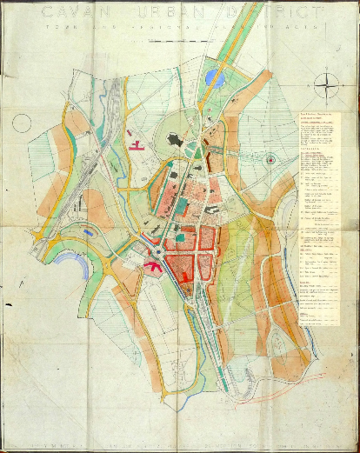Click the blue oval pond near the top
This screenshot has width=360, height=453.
(x=215, y=79)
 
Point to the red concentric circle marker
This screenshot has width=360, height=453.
(x=270, y=159)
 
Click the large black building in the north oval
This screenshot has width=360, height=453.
(x=170, y=142)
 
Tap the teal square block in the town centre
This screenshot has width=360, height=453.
(x=179, y=236)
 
